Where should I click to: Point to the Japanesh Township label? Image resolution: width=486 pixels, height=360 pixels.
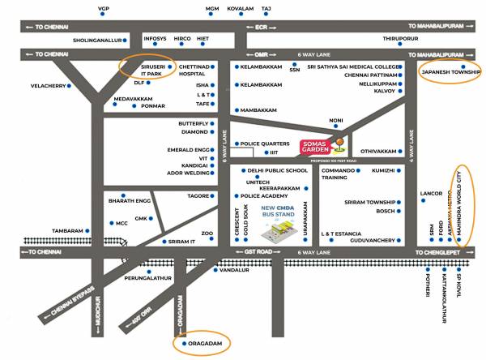coord(451,73)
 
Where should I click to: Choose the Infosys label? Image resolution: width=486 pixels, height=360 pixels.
coord(155,39)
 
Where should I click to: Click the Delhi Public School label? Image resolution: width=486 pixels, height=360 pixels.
coord(278,171)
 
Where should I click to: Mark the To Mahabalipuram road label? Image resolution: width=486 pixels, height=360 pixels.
coord(436,27)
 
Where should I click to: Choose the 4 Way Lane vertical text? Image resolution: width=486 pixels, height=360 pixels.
coord(411,147)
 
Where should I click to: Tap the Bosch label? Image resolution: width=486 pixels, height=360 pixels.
coord(385,211)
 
